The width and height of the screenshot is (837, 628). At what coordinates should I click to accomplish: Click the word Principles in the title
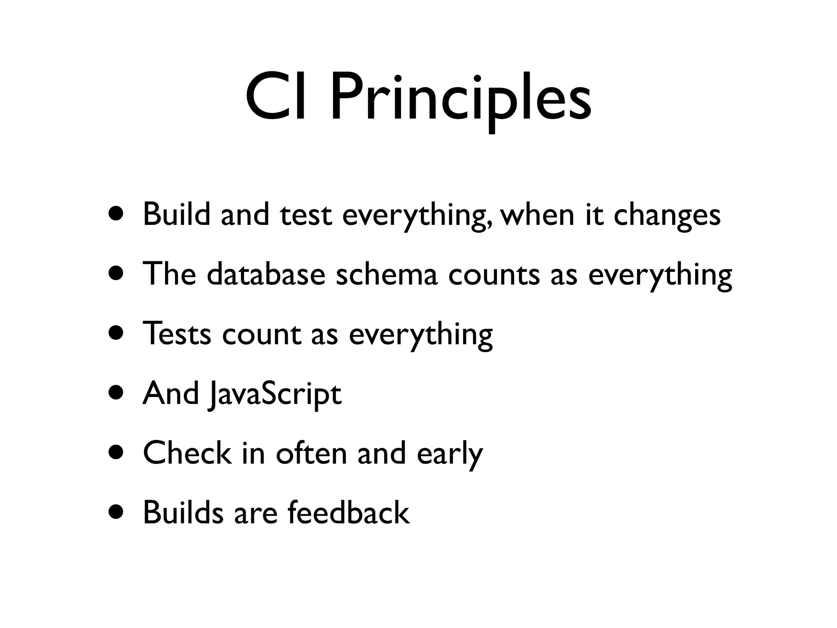coord(461,100)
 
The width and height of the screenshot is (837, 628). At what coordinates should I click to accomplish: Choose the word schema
coord(386,274)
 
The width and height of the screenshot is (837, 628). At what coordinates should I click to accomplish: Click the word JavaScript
coord(275,394)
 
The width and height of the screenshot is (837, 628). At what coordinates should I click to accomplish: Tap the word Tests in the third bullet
coord(177,334)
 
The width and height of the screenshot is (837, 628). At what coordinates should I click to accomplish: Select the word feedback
coord(348,512)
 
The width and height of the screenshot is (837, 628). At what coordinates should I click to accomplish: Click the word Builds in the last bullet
coord(183,512)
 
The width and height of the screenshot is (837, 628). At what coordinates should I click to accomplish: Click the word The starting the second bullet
coord(169,274)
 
